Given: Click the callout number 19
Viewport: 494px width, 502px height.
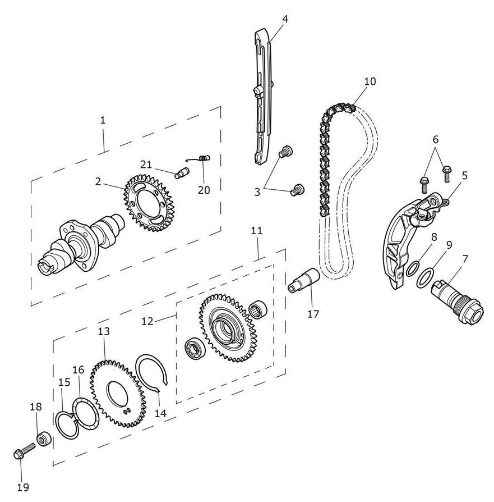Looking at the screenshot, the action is coord(22,487).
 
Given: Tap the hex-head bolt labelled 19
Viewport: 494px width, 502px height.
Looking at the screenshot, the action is coord(24,450).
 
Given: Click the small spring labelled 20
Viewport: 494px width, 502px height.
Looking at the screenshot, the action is coord(200,158).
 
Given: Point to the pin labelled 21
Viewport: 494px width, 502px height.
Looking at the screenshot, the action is coord(182,172).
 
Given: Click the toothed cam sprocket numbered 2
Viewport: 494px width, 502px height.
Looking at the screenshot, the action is coord(149,203).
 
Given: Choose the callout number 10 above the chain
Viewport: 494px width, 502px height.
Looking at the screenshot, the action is coord(370,81).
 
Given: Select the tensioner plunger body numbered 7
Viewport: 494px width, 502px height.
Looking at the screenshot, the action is coord(458,299).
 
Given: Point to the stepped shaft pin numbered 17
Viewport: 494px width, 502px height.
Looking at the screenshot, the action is coord(304,280).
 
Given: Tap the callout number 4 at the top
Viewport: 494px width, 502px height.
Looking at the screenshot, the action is coord(285,19).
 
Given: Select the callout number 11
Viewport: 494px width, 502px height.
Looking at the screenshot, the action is coord(256,231).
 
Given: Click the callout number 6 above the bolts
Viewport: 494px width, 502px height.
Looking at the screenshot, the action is coord(436,139).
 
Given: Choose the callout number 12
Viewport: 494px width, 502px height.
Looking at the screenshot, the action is coord(147,321).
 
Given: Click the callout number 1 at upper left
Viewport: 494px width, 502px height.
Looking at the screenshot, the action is coord(103,120).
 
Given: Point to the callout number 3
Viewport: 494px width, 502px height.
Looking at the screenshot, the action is coord(257,192).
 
